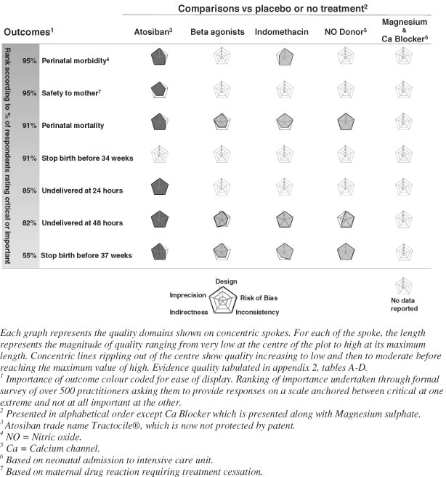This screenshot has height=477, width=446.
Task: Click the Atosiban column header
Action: tap(153, 33)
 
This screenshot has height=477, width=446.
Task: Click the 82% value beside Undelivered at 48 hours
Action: tap(31, 223)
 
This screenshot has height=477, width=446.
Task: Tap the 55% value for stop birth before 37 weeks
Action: tap(31, 255)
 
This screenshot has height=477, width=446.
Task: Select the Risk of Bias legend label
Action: tap(260, 297)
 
